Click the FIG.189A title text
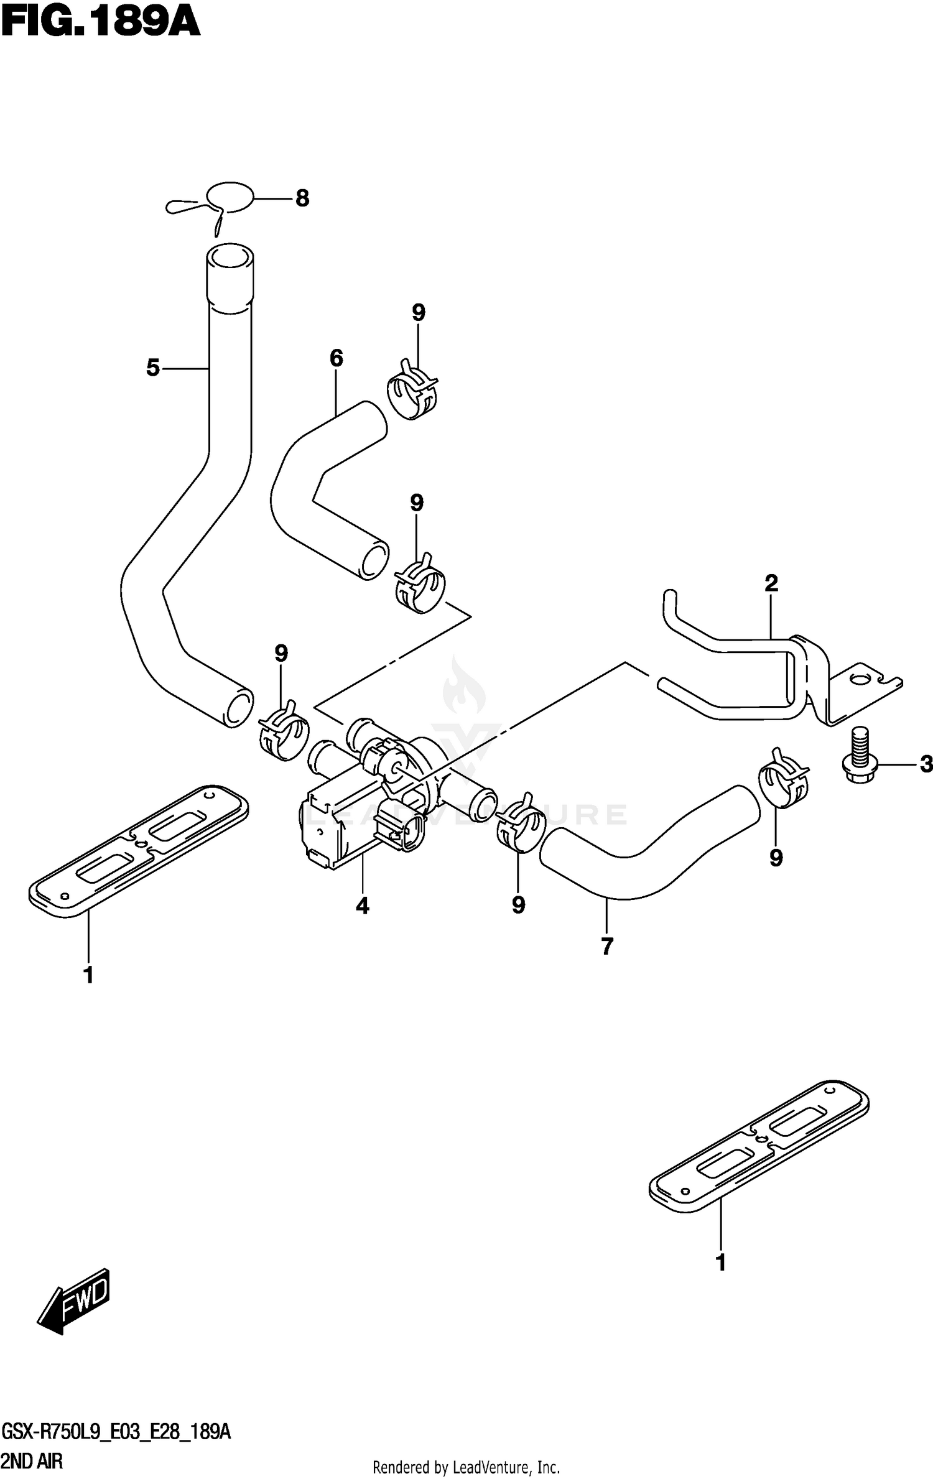[101, 23]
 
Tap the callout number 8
[302, 198]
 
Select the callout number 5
[153, 368]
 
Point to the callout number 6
[336, 358]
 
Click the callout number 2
[771, 583]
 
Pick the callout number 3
[927, 763]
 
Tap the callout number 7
[608, 946]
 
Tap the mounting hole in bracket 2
[860, 679]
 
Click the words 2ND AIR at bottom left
[32, 1462]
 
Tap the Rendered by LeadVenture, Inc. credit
[466, 1468]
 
